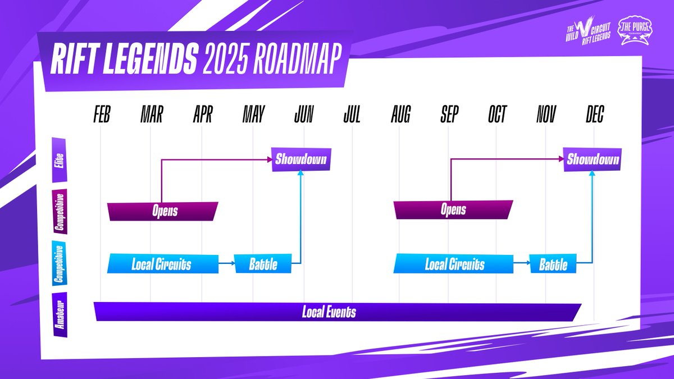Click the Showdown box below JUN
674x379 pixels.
[300, 160]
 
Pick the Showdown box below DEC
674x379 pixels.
[593, 160]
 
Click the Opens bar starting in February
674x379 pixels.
[163, 211]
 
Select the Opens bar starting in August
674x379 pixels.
[453, 211]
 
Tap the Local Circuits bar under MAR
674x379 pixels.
[162, 264]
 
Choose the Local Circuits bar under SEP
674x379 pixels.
[454, 264]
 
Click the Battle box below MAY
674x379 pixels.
[263, 264]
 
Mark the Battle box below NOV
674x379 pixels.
[553, 264]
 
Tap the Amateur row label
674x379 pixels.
[59, 314]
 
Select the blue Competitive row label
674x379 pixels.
[59, 263]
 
